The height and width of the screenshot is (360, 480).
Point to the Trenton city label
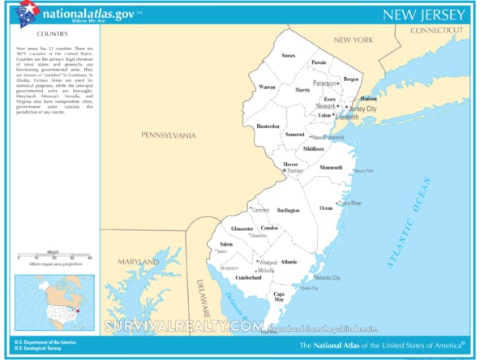[295, 171]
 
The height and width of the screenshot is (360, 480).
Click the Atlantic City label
[328, 278]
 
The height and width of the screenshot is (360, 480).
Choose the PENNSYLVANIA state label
[168, 135]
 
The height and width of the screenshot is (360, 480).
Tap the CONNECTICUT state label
[439, 30]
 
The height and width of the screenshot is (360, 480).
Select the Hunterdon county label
[268, 126]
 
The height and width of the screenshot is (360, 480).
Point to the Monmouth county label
[331, 167]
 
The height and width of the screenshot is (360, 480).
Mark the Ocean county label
[326, 208]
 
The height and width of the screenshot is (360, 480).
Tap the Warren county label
[267, 86]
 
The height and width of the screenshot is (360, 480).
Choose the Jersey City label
[362, 108]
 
